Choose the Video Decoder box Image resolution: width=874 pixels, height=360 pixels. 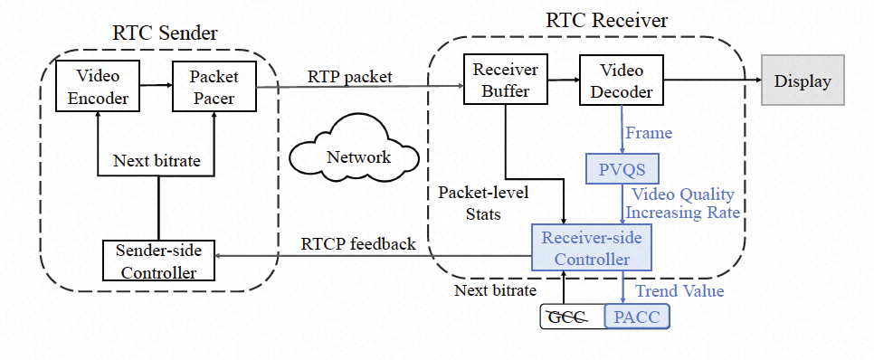click(620, 80)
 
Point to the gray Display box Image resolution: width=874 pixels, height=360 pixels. click(802, 81)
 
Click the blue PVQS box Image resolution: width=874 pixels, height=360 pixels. click(621, 168)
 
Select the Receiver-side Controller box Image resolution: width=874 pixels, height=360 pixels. click(591, 248)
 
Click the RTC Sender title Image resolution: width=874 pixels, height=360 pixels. click(165, 34)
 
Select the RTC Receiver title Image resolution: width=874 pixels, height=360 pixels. click(595, 19)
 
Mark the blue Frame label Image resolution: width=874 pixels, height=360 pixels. click(649, 133)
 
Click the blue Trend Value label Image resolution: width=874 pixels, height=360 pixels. click(679, 290)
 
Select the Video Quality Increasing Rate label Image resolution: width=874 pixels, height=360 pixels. click(682, 204)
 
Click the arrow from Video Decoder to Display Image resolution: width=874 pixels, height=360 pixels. click(710, 80)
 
